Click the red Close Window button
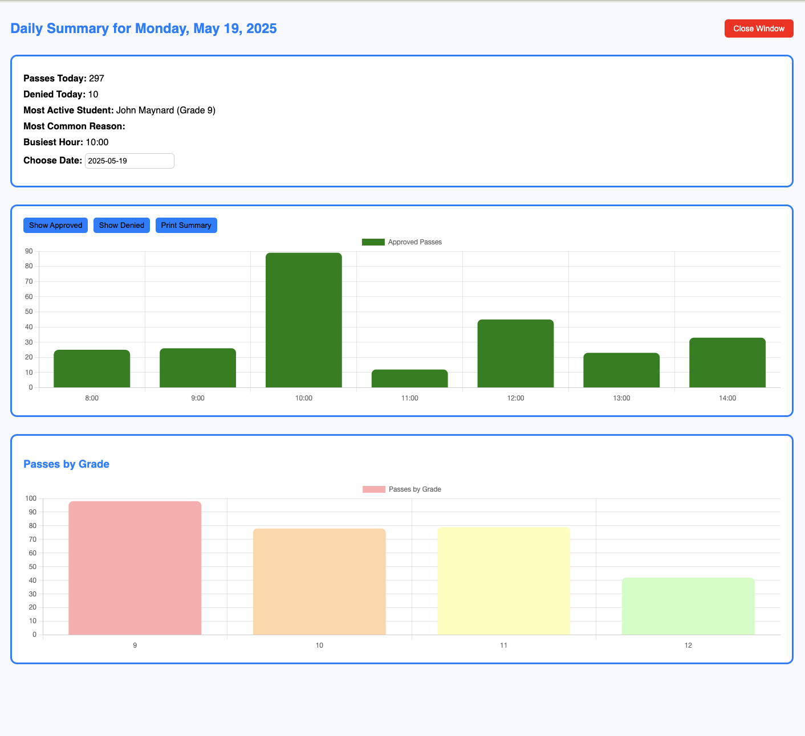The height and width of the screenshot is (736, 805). pos(758,28)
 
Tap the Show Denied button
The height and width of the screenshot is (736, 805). pos(121,225)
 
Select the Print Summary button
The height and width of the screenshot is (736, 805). pos(186,225)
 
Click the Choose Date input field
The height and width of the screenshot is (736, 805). pos(129,161)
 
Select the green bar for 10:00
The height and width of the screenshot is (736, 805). pos(303,320)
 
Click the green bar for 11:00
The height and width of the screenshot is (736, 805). pos(409,379)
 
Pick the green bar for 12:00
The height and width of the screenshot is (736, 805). pos(515,353)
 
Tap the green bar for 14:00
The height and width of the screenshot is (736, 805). pos(727,362)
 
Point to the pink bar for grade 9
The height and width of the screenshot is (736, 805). pos(135,568)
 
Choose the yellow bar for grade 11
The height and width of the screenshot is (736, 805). pos(503,581)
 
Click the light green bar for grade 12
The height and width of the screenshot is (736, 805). pos(688,606)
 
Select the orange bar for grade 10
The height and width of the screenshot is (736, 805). pos(319,582)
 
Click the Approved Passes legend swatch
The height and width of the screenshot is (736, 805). pos(373,242)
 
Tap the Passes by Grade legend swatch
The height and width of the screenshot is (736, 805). pos(374,489)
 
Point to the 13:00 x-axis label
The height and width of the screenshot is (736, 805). pos(621,398)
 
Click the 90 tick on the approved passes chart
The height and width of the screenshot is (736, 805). pos(29,251)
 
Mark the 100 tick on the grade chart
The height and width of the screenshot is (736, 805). pos(30,498)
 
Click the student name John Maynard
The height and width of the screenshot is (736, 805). pos(145,110)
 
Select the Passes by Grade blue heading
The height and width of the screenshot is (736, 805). pos(66,464)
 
